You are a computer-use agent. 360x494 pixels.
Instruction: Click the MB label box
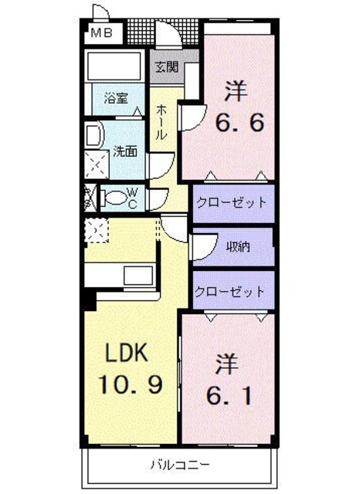point(101,32)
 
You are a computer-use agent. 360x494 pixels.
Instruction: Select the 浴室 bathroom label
point(116,99)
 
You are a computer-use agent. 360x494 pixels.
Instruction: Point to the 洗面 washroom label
point(125,151)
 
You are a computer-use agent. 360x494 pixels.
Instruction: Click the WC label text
point(132,198)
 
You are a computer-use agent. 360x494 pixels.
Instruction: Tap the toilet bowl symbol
point(115,198)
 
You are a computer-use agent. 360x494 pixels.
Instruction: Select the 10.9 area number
point(130,384)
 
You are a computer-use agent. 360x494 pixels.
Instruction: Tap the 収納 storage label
point(237,247)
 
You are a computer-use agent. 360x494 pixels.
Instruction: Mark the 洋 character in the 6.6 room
point(236,92)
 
